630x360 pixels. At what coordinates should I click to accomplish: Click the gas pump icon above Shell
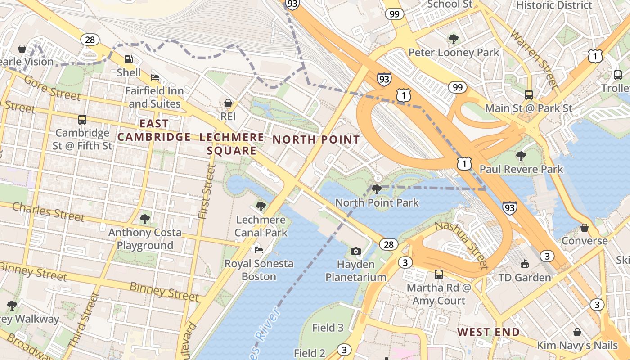click(128, 59)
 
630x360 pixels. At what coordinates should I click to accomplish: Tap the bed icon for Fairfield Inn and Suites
click(155, 77)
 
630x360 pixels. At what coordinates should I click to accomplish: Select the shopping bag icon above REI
click(229, 103)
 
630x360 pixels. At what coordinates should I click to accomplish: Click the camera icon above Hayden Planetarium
click(356, 251)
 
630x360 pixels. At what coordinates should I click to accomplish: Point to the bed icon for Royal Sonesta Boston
click(259, 250)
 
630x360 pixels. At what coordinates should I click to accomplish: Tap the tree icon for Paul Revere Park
click(521, 156)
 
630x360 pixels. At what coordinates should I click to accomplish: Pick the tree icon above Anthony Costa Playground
click(144, 219)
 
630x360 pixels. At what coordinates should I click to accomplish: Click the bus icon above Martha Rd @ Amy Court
click(439, 274)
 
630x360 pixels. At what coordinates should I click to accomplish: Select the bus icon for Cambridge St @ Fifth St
click(82, 120)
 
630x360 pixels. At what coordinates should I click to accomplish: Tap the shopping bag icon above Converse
click(585, 228)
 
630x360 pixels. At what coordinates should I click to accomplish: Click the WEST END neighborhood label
click(489, 332)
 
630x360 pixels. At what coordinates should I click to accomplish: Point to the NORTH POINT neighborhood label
click(316, 139)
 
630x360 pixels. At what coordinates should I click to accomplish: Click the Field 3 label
click(328, 328)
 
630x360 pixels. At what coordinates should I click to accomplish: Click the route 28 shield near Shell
click(90, 40)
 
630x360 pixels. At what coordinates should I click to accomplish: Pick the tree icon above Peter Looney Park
click(454, 39)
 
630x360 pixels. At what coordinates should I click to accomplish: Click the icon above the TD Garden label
click(524, 264)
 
